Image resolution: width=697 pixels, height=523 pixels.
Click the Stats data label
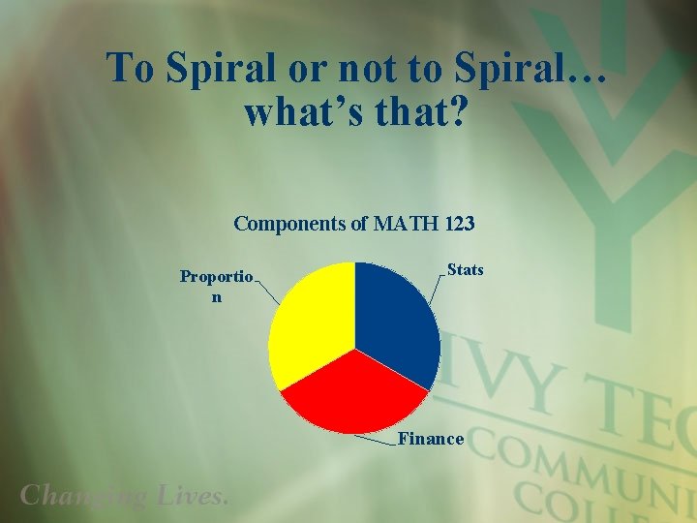point(465,270)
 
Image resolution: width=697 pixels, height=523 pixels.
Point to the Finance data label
point(431,439)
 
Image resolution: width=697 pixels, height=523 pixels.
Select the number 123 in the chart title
point(460,224)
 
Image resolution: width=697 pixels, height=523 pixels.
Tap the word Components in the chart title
point(290,224)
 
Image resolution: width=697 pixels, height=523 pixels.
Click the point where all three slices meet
point(354,348)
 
